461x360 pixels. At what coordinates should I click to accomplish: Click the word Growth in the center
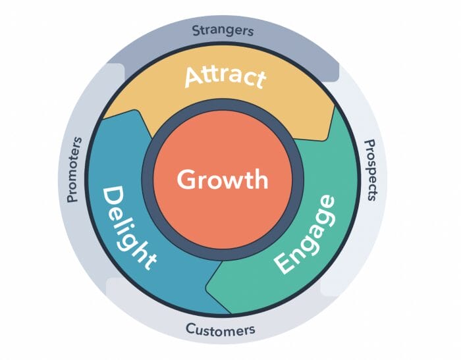(223, 180)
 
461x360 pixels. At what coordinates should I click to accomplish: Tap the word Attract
(225, 77)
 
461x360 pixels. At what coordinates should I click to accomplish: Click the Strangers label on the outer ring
(223, 30)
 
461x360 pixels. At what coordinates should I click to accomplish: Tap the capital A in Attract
(194, 78)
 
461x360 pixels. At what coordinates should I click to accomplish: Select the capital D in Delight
(113, 197)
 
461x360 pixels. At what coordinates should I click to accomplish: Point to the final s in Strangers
(250, 31)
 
